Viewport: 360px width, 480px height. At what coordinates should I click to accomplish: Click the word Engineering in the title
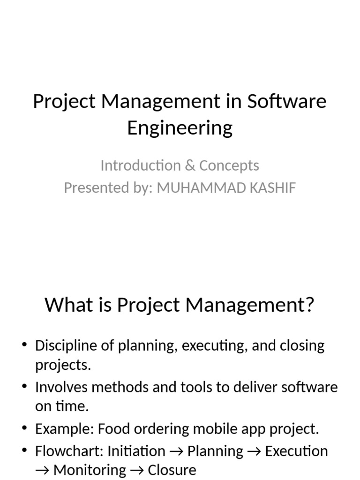180,128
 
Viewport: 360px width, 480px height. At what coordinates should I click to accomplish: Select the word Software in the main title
286,101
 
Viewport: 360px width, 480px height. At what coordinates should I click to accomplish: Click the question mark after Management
308,305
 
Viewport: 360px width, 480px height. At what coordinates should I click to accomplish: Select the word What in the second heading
67,305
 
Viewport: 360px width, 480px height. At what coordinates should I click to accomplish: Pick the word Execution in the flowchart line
296,451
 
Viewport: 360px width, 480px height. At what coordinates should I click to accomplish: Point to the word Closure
172,470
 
